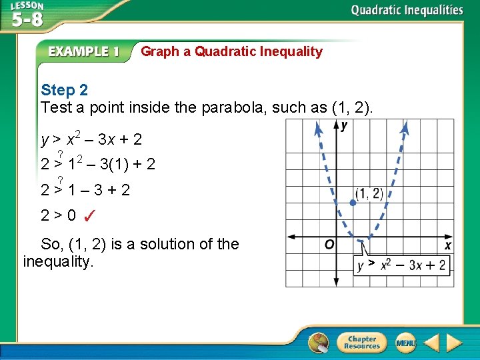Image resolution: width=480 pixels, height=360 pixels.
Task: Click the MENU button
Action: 405,343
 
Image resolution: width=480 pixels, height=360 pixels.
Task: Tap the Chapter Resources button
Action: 361,343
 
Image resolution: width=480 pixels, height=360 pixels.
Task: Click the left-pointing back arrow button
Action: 432,343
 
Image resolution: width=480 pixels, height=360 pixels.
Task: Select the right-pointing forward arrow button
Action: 455,343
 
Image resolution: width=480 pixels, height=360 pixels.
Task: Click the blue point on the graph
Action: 353,202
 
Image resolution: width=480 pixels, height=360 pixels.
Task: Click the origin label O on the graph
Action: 329,245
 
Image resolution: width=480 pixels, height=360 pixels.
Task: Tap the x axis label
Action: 448,246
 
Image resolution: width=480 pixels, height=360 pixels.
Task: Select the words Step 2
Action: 64,90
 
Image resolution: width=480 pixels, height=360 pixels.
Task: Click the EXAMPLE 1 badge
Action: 83,52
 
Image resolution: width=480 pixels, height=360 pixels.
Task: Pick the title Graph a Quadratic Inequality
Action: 231,51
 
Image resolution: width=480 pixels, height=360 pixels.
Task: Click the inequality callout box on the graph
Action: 401,265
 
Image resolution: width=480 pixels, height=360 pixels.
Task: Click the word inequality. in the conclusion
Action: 59,261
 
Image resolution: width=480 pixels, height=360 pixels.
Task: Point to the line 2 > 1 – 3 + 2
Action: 85,190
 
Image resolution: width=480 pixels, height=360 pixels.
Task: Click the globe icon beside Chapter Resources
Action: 319,343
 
